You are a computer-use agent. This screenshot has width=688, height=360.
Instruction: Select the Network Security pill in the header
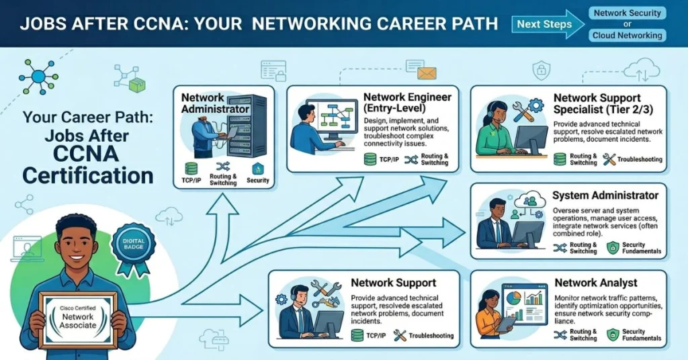click(x=627, y=13)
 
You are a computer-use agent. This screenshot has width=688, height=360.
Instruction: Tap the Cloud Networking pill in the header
click(x=627, y=35)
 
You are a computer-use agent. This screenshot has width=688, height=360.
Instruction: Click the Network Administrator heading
click(x=215, y=103)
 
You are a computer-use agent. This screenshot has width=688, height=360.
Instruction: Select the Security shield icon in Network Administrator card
click(x=257, y=169)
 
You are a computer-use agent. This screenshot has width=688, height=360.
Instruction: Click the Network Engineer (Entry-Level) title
click(x=407, y=103)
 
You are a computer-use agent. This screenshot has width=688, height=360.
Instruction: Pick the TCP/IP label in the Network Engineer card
click(x=389, y=160)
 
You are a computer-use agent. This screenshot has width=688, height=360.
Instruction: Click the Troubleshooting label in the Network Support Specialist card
click(x=640, y=160)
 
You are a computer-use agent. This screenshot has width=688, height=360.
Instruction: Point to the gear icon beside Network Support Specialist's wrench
click(x=535, y=105)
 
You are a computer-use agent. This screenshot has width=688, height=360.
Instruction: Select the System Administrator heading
click(x=605, y=195)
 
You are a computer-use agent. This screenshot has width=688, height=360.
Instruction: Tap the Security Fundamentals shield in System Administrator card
click(x=613, y=248)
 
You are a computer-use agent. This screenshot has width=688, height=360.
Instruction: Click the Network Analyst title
click(x=596, y=283)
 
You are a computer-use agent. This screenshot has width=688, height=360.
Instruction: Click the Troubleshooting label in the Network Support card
click(x=431, y=336)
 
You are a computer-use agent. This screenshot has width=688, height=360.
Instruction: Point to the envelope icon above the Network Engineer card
click(x=427, y=73)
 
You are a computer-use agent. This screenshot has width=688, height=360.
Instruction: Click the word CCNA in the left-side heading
click(x=86, y=154)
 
